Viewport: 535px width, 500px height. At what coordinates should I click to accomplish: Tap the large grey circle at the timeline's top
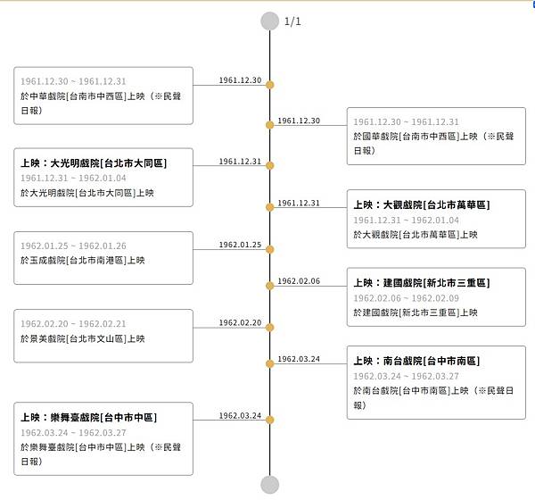pyautogui.click(x=269, y=21)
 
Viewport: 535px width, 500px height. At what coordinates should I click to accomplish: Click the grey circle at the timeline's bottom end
pyautogui.click(x=269, y=485)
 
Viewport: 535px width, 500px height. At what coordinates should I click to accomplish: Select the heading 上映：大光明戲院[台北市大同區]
pyautogui.click(x=94, y=163)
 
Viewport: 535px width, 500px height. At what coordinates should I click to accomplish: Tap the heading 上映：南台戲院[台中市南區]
pyautogui.click(x=416, y=361)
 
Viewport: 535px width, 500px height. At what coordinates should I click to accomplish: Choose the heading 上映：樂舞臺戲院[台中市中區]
pyautogui.click(x=88, y=418)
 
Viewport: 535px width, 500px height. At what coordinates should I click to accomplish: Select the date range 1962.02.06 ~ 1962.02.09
pyautogui.click(x=406, y=298)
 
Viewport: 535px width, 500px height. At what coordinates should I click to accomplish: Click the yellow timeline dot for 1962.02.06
pyautogui.click(x=269, y=286)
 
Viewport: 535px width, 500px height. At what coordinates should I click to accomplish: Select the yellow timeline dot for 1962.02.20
pyautogui.click(x=269, y=324)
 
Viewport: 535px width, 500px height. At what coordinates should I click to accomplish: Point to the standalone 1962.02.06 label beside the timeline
pyautogui.click(x=298, y=281)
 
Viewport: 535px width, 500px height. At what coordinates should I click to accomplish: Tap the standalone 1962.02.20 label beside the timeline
pyautogui.click(x=240, y=322)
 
